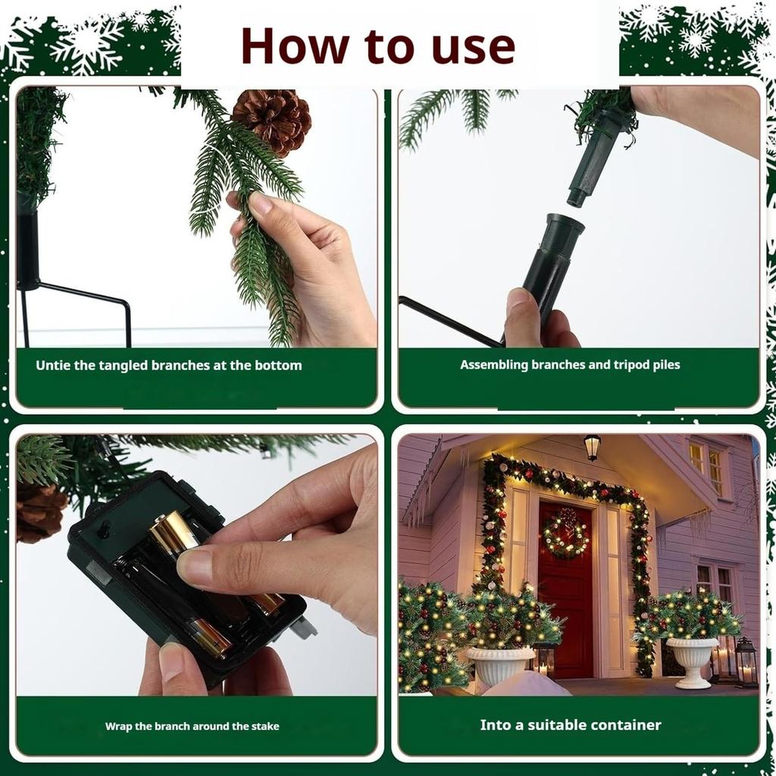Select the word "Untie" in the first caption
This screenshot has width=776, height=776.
[x=53, y=365]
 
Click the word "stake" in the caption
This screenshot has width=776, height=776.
[x=265, y=726]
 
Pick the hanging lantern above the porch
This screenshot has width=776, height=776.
[x=592, y=447]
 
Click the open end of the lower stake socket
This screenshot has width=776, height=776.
[x=565, y=224]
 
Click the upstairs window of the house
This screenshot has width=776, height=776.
[x=709, y=467]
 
